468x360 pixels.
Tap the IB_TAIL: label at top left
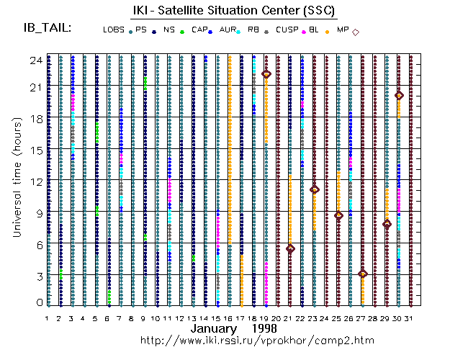click(47, 28)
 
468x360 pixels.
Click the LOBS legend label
click(114, 30)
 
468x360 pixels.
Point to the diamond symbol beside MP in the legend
click(356, 32)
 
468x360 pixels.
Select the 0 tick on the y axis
click(40, 303)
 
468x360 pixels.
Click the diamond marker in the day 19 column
click(266, 74)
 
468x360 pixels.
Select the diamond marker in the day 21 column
click(290, 248)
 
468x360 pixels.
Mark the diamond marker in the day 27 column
click(362, 274)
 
